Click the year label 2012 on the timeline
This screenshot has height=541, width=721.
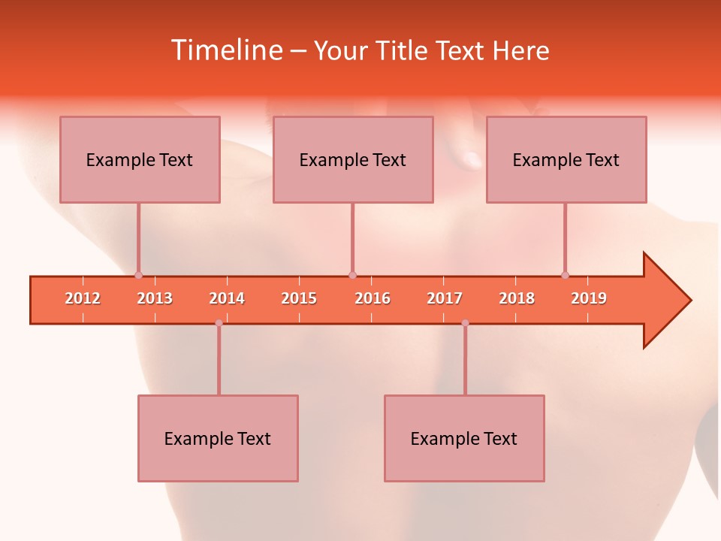tap(83, 298)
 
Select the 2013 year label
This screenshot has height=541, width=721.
tap(155, 298)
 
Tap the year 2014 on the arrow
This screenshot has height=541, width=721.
tap(227, 298)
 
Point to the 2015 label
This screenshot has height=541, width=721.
tap(299, 298)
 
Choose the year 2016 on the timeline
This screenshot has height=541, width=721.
tap(373, 298)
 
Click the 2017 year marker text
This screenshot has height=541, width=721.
tap(445, 298)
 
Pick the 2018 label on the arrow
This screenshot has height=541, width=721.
tap(517, 298)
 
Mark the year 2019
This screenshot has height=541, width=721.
tap(589, 298)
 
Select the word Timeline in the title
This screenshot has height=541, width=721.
tap(226, 50)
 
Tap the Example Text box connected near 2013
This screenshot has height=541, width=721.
tap(140, 159)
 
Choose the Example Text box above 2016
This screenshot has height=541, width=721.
tap(353, 159)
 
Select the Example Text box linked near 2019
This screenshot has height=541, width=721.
tap(566, 159)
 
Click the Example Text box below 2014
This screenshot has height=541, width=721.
tap(218, 438)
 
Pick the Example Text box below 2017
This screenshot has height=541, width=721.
tap(464, 438)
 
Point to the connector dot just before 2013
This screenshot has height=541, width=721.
tap(138, 275)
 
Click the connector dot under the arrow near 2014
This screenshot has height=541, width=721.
tap(219, 323)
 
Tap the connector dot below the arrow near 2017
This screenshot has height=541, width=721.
tap(465, 323)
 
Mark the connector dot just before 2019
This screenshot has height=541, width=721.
tap(565, 275)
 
